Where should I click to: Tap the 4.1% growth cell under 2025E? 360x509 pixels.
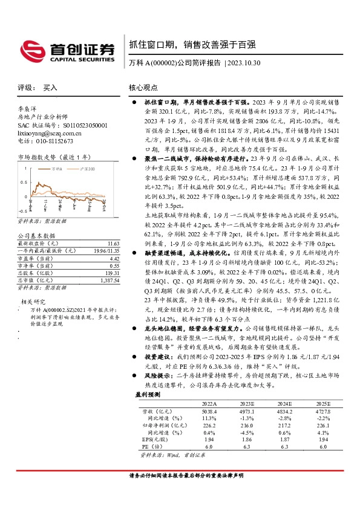[x=322, y=433]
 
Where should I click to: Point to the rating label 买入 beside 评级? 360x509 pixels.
[x=50, y=88]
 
